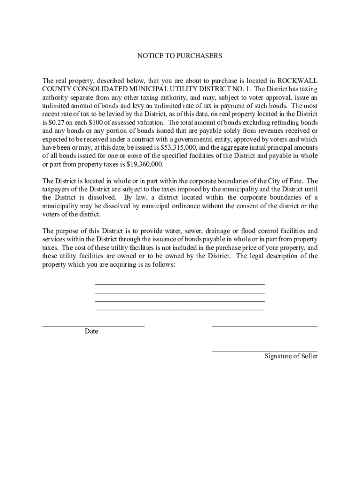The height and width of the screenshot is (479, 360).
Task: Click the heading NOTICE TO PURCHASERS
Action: [x=180, y=56]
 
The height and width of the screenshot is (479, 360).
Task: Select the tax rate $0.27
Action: [x=58, y=123]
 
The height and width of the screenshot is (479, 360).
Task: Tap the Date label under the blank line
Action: [x=91, y=332]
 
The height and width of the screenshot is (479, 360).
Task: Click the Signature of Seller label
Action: [x=291, y=356]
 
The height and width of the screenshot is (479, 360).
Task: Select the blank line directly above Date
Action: [x=94, y=325]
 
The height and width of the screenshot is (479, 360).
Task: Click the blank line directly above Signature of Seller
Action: [x=265, y=350]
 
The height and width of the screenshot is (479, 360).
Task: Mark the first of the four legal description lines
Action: [x=180, y=284]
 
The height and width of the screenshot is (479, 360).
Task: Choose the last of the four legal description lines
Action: [x=180, y=309]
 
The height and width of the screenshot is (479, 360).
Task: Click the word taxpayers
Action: [x=57, y=189]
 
